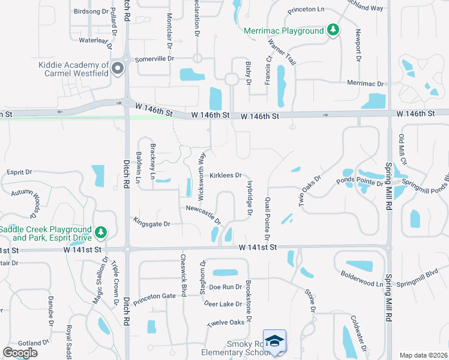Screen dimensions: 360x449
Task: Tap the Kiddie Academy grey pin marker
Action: (118, 68)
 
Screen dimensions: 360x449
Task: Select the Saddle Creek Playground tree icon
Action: (101, 232)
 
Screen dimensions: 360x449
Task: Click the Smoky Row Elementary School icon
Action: (274, 340)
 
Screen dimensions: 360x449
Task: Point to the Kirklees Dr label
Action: (226, 176)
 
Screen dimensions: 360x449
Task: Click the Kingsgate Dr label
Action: (152, 223)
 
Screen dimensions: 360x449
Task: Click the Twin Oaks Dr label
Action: (310, 191)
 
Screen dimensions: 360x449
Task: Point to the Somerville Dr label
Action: (154, 59)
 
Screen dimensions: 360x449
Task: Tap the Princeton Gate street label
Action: (154, 296)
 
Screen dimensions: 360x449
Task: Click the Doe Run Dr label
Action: (225, 287)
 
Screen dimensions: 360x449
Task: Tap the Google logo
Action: (20, 352)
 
